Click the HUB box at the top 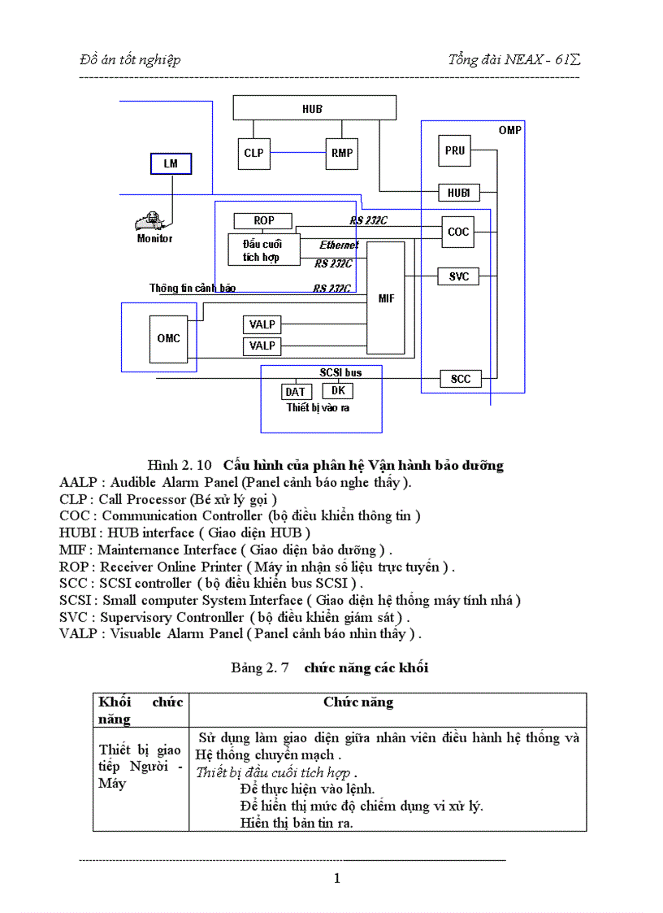(314, 107)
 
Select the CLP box (253, 152)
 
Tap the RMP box (341, 152)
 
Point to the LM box (171, 163)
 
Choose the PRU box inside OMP (455, 150)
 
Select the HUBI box (458, 193)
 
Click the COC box (458, 232)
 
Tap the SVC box (458, 276)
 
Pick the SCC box (460, 379)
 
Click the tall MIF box (386, 298)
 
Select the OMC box (168, 338)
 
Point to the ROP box (263, 220)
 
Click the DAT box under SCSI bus (295, 392)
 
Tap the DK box (338, 390)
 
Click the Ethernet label (338, 245)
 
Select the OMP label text (509, 130)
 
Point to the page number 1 (337, 878)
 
